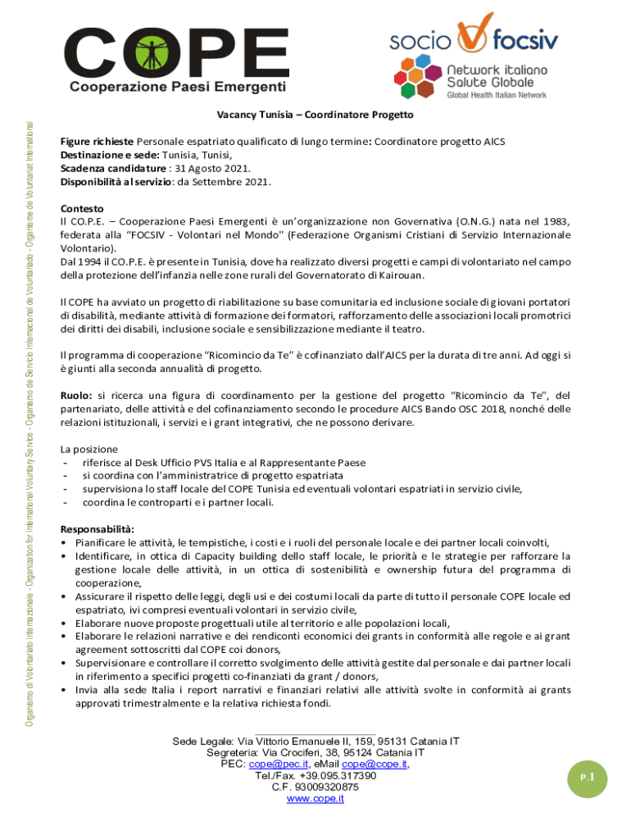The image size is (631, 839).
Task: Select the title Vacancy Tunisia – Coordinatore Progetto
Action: tap(315, 115)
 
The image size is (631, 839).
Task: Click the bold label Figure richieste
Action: tap(97, 141)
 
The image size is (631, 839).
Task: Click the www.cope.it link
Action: tap(315, 799)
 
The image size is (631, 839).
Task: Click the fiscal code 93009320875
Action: tap(315, 787)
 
